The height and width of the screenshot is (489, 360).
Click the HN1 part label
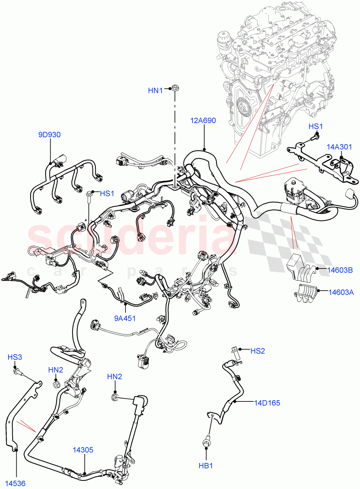pyautogui.click(x=155, y=90)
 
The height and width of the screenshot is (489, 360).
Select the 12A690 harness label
pyautogui.click(x=203, y=121)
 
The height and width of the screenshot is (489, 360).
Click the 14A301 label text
pyautogui.click(x=339, y=147)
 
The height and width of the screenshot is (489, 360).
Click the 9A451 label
pyautogui.click(x=124, y=318)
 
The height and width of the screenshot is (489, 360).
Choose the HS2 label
pyautogui.click(x=258, y=350)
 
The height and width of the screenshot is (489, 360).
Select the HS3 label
pyautogui.click(x=15, y=357)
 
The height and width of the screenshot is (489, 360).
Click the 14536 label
pyautogui.click(x=15, y=484)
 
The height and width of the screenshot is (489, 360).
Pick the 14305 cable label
pyautogui.click(x=83, y=450)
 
